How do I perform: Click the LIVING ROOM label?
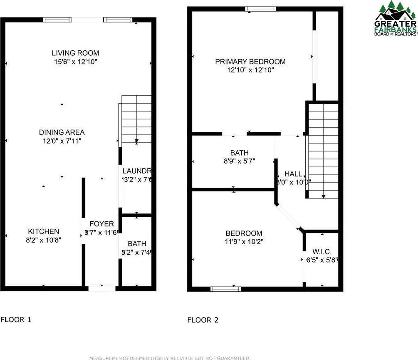75,53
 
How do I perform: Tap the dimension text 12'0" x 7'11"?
62,141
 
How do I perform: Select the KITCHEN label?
43,231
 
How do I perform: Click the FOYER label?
101,224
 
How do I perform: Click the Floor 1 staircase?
136,119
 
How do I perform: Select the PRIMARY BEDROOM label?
250,62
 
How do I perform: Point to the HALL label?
293,174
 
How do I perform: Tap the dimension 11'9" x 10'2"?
244,241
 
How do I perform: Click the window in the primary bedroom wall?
260,9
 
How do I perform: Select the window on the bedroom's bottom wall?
226,288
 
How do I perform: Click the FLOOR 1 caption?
16,320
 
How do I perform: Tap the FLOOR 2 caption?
203,320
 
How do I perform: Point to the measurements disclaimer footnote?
170,358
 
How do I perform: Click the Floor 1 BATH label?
137,243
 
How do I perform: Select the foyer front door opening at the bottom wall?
102,288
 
